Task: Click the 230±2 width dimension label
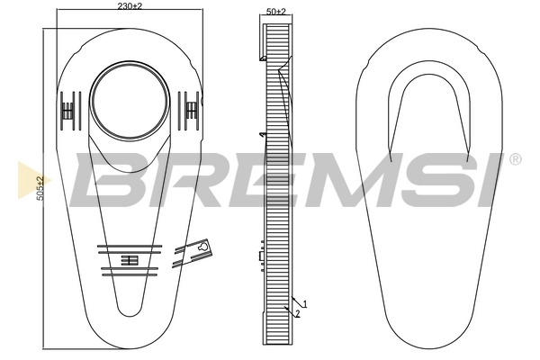click(x=130, y=6)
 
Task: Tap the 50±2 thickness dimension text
click(x=276, y=12)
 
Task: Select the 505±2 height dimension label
click(x=40, y=188)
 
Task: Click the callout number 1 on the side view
click(x=305, y=304)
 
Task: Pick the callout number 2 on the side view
click(x=297, y=312)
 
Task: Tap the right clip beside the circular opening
click(x=192, y=109)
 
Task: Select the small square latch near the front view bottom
click(x=127, y=261)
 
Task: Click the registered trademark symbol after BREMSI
click(x=515, y=159)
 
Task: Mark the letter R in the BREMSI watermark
click(x=166, y=179)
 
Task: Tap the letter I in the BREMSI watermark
click(x=477, y=179)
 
